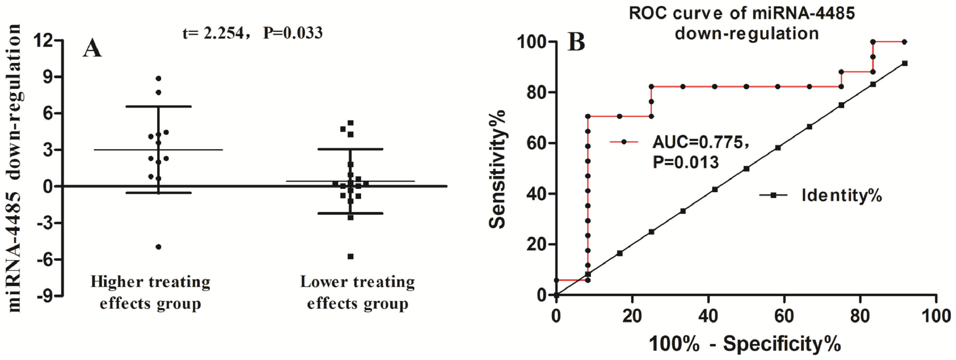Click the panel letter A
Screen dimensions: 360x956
click(92, 49)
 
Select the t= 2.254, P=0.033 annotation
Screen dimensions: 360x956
click(252, 33)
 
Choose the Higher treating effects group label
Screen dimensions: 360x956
click(150, 293)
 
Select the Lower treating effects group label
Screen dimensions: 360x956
click(357, 293)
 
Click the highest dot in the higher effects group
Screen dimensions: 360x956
click(159, 78)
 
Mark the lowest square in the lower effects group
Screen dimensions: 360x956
click(350, 256)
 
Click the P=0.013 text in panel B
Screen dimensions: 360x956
click(685, 162)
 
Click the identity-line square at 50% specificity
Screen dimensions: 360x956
click(746, 169)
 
